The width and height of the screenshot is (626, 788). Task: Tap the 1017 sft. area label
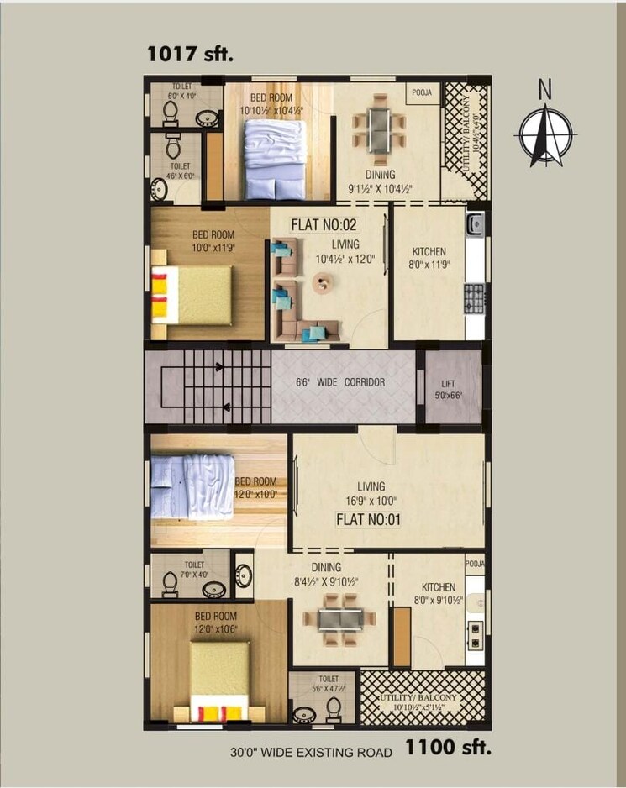[x=191, y=55]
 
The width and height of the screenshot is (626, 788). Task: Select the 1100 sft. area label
[x=449, y=745]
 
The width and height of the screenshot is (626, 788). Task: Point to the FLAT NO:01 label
[x=368, y=519]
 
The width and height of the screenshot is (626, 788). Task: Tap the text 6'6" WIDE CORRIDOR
[x=340, y=382]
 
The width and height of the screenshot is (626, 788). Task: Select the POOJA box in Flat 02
[x=423, y=92]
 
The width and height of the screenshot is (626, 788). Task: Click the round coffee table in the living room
[x=323, y=284]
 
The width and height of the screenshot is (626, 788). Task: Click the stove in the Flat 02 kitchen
[x=475, y=297]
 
